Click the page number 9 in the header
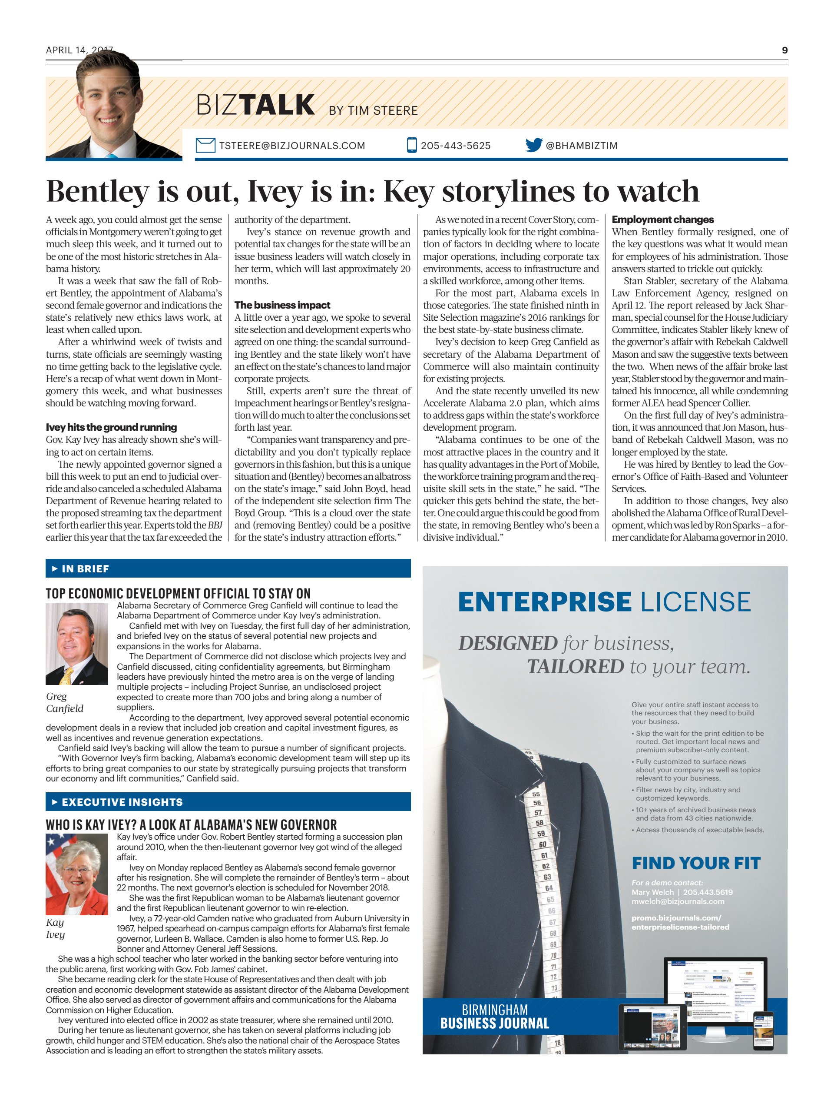pos(784,50)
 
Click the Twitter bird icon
pos(533,145)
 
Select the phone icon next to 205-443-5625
pos(411,145)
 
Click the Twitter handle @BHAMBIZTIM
pos(582,146)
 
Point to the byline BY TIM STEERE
pos(373,110)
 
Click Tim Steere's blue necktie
pos(111,156)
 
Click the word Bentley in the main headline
pos(97,192)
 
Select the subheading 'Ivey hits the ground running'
pos(111,427)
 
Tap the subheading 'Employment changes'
pos(662,219)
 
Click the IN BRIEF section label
pos(85,569)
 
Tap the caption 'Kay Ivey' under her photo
pos(55,928)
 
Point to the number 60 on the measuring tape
pos(542,844)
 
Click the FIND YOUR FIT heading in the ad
pos(696,863)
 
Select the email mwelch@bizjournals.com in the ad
pos(678,901)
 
